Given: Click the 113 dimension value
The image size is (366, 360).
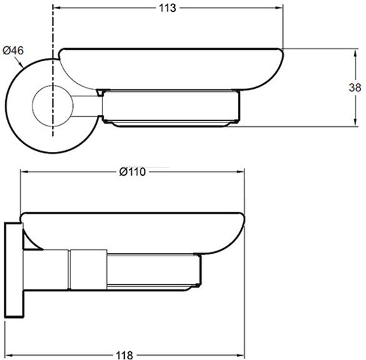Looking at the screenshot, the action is (x=167, y=8).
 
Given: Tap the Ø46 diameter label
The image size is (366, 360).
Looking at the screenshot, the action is (x=13, y=51).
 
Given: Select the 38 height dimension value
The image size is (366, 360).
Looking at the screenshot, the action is (x=355, y=87).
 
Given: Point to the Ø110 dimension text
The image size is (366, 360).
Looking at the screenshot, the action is (x=132, y=172).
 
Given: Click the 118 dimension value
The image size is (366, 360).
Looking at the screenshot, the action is (x=124, y=356).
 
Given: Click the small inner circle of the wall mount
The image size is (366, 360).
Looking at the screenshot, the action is (x=52, y=106).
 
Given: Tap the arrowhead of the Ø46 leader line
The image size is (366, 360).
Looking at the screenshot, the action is (x=22, y=65).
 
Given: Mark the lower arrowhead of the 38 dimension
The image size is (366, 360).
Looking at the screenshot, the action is (x=355, y=122).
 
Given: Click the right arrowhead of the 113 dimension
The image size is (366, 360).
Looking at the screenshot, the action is (x=279, y=7).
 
